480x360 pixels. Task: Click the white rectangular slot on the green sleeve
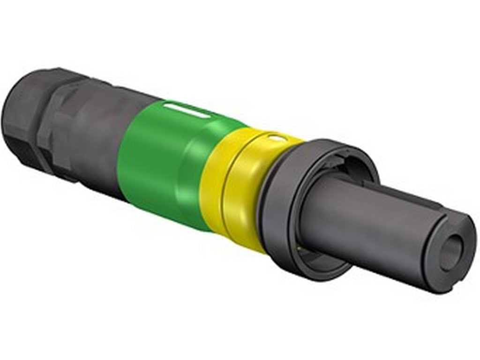click(187, 111)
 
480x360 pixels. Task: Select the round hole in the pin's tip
click(451, 253)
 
